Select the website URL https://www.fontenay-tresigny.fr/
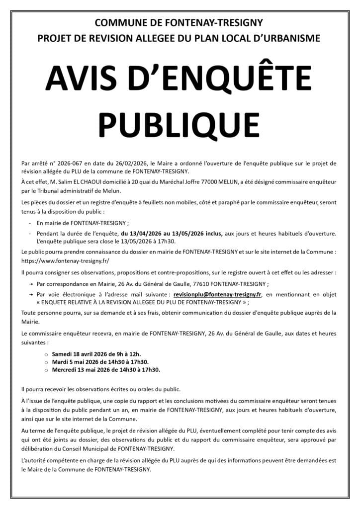(x=65, y=260)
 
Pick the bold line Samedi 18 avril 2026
(x=101, y=354)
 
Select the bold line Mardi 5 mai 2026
(x=99, y=362)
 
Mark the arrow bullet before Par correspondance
(x=31, y=284)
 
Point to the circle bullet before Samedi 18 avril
(x=46, y=354)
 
